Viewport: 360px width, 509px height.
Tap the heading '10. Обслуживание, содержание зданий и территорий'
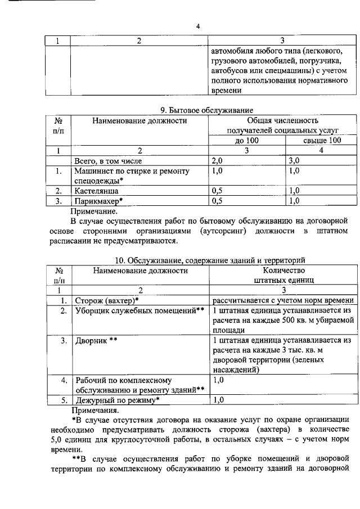[x=210, y=260]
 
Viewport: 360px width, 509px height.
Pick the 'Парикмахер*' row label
[x=99, y=200]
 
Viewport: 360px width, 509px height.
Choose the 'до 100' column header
[x=246, y=141]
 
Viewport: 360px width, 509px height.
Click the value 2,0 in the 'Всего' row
[x=219, y=160]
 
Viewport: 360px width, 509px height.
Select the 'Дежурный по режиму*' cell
[x=118, y=432]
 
